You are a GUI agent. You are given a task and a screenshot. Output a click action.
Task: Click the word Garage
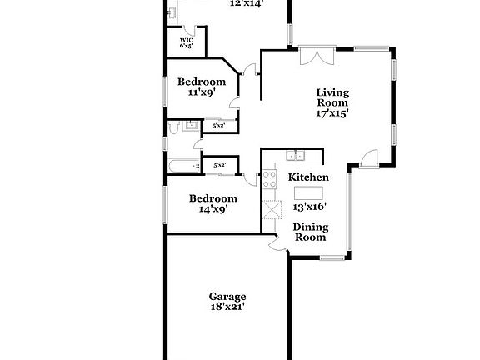click(x=227, y=296)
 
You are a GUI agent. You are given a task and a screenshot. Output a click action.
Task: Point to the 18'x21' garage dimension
click(x=227, y=307)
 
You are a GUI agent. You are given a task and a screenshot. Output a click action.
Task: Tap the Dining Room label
click(x=312, y=232)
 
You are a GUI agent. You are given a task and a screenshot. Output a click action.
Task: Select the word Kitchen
click(x=308, y=177)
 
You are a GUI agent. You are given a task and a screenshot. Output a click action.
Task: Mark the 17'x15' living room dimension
click(x=332, y=112)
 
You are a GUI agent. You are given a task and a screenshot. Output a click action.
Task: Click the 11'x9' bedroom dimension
click(x=201, y=94)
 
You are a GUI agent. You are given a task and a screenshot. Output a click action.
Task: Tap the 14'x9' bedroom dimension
click(x=212, y=209)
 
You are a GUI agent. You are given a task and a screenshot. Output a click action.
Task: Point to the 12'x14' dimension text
click(x=246, y=3)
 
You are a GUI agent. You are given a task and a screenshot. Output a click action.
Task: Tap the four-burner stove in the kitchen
click(x=270, y=177)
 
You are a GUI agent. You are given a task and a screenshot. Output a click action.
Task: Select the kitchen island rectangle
click(x=306, y=194)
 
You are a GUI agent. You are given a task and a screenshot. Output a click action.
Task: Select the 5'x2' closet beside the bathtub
click(x=220, y=166)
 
